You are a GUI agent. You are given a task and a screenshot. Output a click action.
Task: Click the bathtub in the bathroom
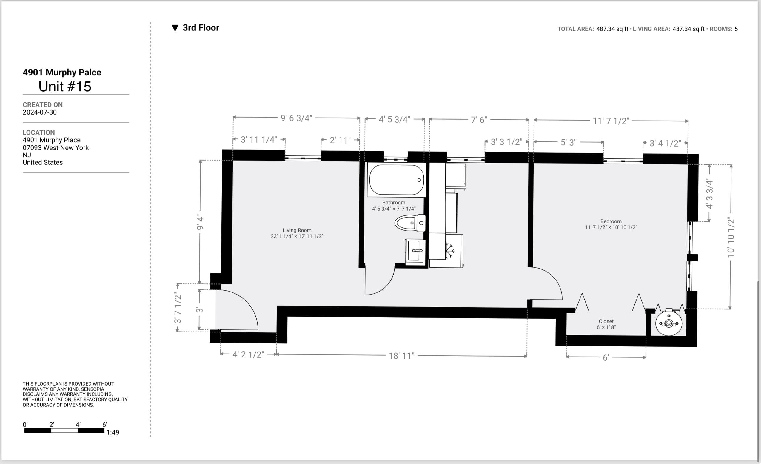pos(397,180)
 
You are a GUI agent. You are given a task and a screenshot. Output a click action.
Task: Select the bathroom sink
pos(415,251)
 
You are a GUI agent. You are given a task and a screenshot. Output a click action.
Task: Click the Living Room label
pos(297,230)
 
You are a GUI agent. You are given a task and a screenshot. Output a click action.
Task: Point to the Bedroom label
pos(611,221)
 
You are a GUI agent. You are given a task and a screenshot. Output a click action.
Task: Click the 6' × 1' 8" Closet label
pos(606,324)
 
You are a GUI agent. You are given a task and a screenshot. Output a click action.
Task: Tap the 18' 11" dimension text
pos(401,356)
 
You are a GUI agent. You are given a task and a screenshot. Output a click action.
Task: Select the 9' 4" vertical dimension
pos(200,223)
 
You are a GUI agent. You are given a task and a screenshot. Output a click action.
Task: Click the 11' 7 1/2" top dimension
pos(611,121)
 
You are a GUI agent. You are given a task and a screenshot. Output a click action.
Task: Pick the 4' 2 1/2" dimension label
pos(248,354)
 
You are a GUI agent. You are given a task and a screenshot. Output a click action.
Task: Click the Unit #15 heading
pos(65,87)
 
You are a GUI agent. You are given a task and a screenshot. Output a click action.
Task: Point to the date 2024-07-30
pos(39,112)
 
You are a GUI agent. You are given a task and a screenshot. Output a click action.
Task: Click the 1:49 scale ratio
pos(113,432)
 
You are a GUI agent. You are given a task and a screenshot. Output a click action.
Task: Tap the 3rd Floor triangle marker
pos(175,28)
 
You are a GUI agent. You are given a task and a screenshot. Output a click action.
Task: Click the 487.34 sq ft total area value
pos(612,29)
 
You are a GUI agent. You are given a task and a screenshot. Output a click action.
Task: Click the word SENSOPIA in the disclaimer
pos(92,389)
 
